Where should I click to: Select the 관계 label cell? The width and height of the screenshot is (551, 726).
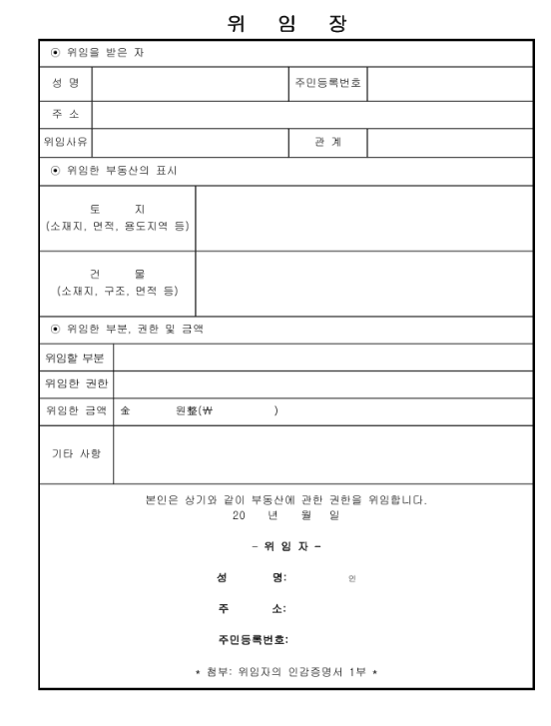(x=328, y=142)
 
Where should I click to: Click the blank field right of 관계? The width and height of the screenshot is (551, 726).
(x=449, y=142)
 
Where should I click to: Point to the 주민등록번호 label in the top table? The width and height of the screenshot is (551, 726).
(x=328, y=83)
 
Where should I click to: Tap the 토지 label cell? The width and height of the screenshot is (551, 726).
(x=117, y=217)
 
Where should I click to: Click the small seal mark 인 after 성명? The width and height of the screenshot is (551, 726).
(x=351, y=578)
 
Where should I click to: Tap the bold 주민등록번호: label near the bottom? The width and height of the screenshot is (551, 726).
(x=260, y=639)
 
